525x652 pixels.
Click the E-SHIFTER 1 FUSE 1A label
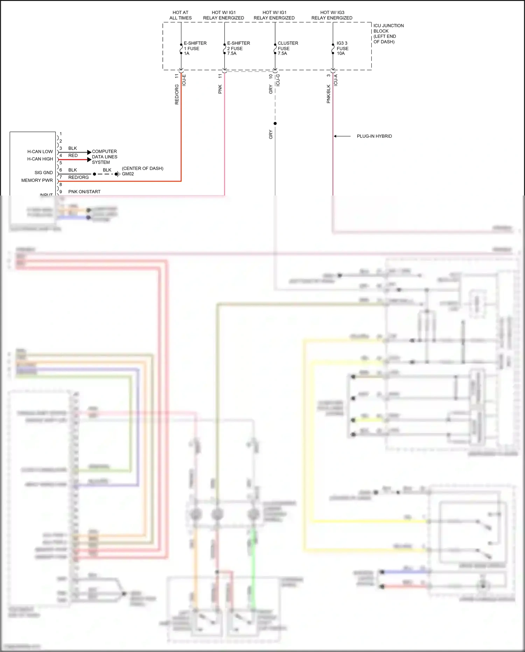(x=195, y=48)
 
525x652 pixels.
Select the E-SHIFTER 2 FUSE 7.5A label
(x=238, y=48)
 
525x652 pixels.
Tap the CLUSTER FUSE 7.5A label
(x=287, y=48)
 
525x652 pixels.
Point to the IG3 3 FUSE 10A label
(x=342, y=48)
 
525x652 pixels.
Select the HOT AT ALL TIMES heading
(x=181, y=15)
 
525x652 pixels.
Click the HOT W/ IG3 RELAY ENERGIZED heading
(x=332, y=15)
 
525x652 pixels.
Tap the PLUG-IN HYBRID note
(x=374, y=136)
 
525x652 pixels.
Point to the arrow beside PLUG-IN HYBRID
(x=342, y=136)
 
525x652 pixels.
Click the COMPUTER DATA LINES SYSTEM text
(x=104, y=157)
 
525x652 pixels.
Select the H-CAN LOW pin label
(x=40, y=152)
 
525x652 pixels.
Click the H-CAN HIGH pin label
(x=40, y=159)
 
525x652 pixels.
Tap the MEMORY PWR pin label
(x=37, y=180)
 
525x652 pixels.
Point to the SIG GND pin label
(x=43, y=173)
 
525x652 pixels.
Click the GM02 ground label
(x=128, y=174)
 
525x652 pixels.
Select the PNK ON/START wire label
(x=84, y=192)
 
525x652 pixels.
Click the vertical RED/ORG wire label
(x=177, y=94)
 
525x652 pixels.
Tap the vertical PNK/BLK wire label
(x=328, y=94)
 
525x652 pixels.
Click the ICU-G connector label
(x=278, y=80)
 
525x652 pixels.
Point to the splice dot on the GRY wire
(x=275, y=123)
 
